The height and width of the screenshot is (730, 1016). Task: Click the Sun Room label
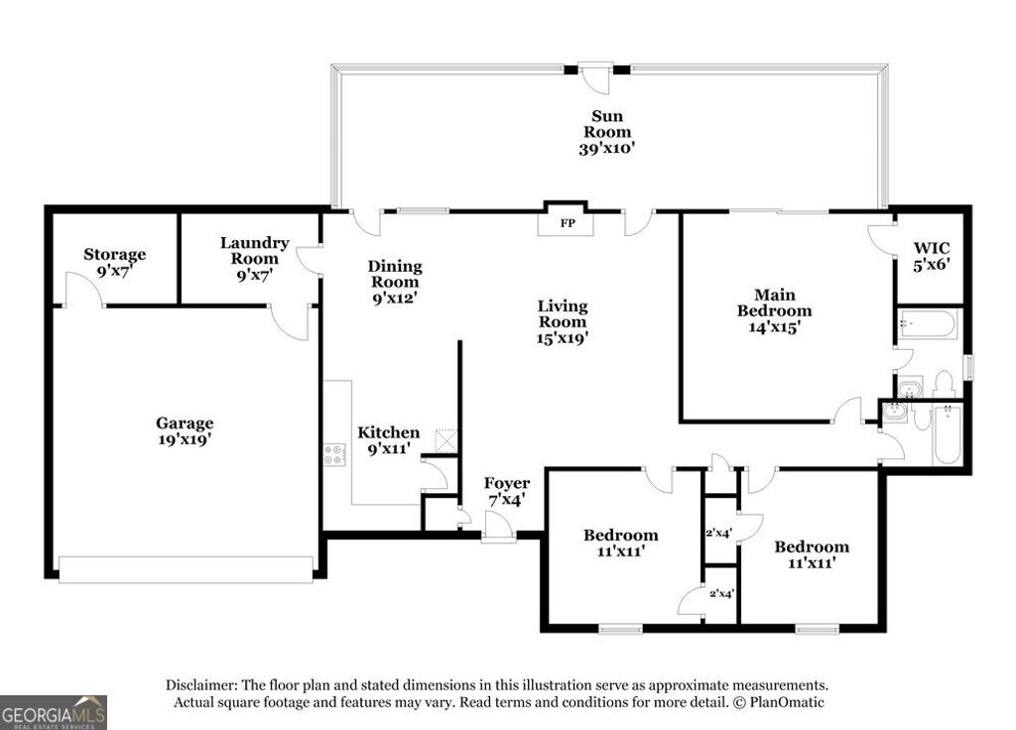[x=606, y=132]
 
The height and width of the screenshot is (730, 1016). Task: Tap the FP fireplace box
[x=568, y=223]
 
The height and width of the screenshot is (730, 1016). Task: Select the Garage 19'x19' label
[x=184, y=430]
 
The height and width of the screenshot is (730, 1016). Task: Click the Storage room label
[x=114, y=263]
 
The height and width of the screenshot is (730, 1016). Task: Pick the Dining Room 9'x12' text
[x=395, y=282]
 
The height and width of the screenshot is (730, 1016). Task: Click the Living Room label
[x=563, y=321]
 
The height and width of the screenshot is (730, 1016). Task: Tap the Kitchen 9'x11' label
[x=389, y=440]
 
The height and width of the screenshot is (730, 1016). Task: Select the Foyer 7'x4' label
[x=506, y=491]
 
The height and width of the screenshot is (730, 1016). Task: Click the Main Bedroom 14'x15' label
[x=774, y=309]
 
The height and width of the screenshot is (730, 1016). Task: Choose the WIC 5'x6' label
[x=931, y=256]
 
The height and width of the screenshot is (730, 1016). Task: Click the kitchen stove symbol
[x=334, y=455]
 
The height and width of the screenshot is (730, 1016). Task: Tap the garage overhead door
[x=186, y=569]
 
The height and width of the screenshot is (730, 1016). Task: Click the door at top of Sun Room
[x=595, y=77]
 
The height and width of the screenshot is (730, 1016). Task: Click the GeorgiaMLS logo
[x=54, y=712]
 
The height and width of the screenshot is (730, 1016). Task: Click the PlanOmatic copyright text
[x=778, y=702]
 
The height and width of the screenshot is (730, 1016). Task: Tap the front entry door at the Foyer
[x=497, y=531]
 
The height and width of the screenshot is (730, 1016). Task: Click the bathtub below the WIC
[x=928, y=324]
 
